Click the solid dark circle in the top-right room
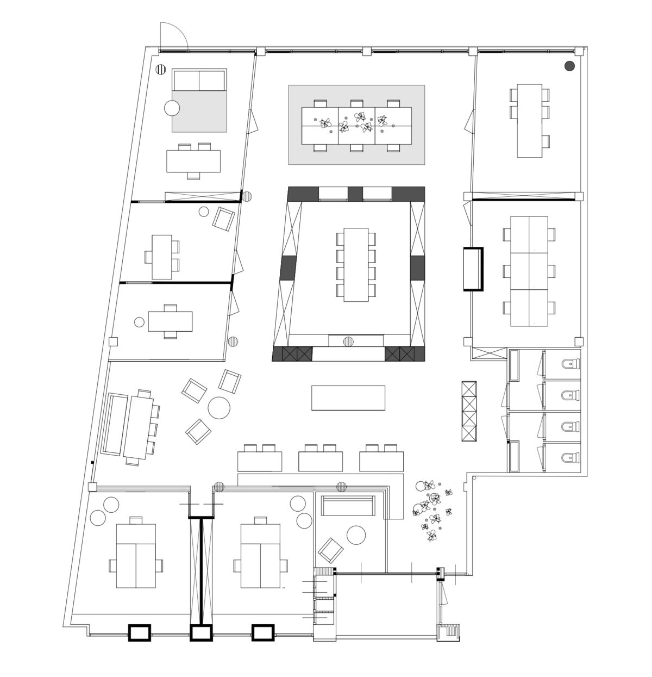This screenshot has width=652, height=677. click(569, 66)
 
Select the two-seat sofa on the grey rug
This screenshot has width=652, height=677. click(199, 80)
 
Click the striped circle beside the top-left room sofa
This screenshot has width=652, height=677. click(161, 69)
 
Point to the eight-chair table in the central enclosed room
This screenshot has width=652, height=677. click(356, 264)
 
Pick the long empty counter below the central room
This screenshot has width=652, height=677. click(348, 397)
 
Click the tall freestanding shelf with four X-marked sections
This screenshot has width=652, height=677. click(468, 411)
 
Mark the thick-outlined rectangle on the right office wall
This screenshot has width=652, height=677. click(473, 269)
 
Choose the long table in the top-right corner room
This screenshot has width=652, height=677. click(530, 121)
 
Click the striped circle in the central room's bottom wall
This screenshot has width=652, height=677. click(348, 341)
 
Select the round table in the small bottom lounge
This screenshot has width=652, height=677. click(357, 535)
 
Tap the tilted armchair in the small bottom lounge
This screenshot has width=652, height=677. click(331, 550)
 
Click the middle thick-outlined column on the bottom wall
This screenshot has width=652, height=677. click(200, 633)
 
